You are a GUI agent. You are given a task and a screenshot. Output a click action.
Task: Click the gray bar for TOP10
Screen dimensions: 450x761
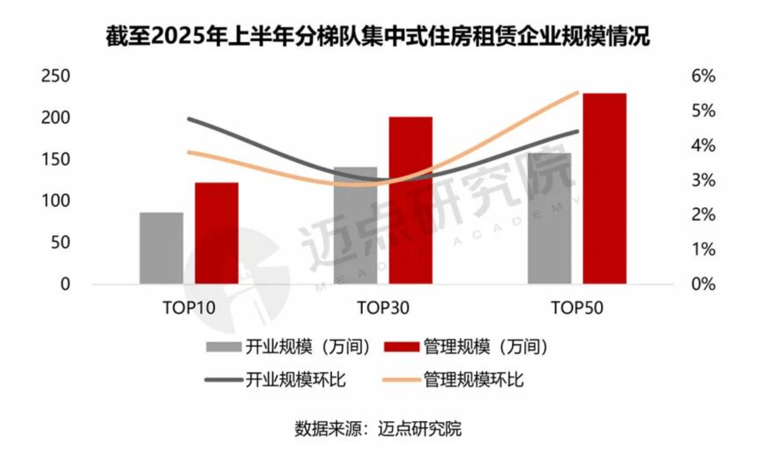point(161,248)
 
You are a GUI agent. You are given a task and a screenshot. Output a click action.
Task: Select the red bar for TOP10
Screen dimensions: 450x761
point(216,233)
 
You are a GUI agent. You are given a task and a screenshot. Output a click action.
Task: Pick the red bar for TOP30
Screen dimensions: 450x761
point(410,201)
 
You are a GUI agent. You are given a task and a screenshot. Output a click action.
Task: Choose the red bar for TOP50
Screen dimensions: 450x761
point(605,189)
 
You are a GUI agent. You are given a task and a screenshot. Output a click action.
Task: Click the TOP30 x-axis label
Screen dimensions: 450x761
point(383,308)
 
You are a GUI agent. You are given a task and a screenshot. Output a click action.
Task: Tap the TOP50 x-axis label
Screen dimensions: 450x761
point(578,308)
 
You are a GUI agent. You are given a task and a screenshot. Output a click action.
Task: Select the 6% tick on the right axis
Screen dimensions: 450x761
point(700,76)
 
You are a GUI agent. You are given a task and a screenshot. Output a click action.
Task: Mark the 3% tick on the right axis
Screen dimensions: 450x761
point(700,181)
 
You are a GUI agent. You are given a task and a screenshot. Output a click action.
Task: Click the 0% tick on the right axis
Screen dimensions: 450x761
point(700,284)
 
